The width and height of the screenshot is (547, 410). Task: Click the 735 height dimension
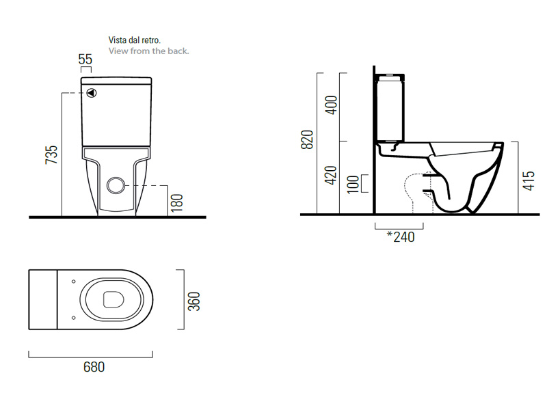[51, 155]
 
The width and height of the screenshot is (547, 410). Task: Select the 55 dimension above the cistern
[85, 59]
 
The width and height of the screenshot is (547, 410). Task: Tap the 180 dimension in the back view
[177, 203]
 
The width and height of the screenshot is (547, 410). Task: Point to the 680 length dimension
[94, 367]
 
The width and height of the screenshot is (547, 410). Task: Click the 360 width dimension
[194, 301]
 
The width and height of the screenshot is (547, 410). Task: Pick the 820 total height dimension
[307, 139]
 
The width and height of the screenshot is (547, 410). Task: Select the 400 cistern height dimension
[331, 105]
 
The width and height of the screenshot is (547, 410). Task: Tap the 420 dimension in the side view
[331, 175]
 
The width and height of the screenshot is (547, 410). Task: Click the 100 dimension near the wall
[353, 184]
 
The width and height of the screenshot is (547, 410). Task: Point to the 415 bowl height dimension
[529, 180]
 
